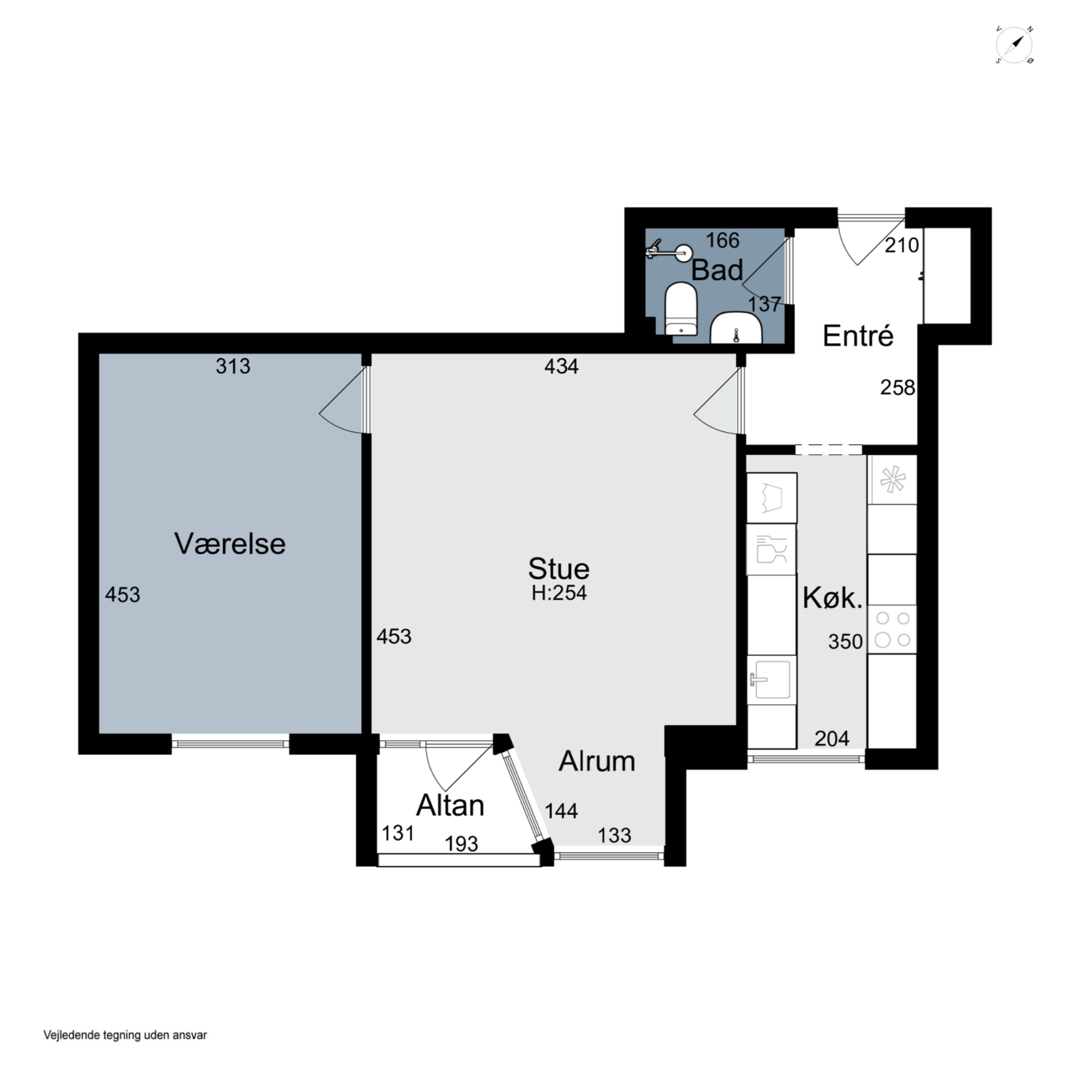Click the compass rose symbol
click(x=1014, y=45)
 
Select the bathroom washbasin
click(x=736, y=328)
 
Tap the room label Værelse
click(x=230, y=544)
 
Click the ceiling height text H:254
click(x=559, y=593)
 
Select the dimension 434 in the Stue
click(x=561, y=366)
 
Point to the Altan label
click(x=450, y=805)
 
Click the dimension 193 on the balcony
click(x=461, y=844)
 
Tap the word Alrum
click(x=596, y=761)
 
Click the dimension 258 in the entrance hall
click(x=897, y=388)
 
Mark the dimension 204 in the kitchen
click(x=831, y=738)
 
